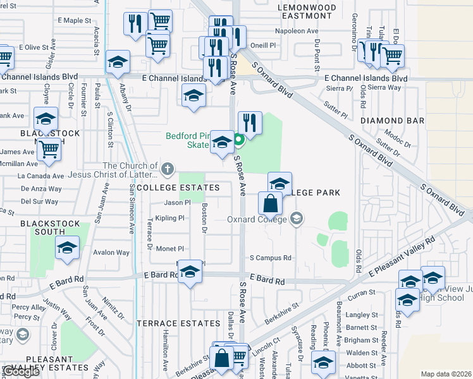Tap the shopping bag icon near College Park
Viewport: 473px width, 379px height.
point(270,204)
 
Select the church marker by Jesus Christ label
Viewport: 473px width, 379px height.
point(167,169)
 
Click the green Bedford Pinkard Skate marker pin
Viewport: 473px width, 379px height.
point(239,140)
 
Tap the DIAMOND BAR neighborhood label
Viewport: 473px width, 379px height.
point(391,120)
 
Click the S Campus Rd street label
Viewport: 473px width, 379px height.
point(271,258)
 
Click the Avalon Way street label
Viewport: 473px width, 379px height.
point(111,253)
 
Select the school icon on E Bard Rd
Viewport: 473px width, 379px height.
point(189,272)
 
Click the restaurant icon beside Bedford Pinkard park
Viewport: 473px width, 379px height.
point(250,123)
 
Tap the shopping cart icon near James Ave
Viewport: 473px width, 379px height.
point(48,150)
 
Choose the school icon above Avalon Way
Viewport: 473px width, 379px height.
point(67,248)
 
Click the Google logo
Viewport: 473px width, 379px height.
point(21,372)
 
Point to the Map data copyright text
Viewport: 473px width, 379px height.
point(446,374)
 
